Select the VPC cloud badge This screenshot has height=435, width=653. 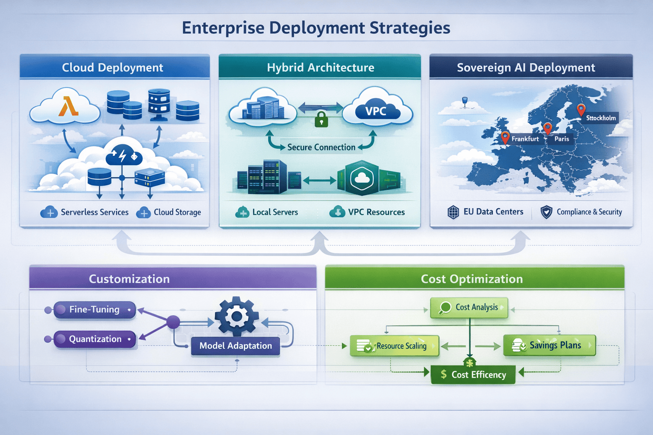[376, 111]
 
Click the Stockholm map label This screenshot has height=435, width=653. [601, 118]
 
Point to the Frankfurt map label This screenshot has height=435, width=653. [525, 139]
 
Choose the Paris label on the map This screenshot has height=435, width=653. [561, 139]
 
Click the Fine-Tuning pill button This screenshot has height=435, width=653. [94, 310]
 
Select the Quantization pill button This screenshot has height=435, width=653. [95, 339]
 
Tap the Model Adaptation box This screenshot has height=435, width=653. [236, 346]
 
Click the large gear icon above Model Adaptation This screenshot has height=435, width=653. [236, 316]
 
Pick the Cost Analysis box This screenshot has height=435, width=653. [469, 307]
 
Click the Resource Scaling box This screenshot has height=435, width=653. [394, 346]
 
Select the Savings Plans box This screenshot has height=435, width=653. [549, 345]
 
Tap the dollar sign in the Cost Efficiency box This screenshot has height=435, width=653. [443, 374]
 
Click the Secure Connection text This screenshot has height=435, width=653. [321, 147]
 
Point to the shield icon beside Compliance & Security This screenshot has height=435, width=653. [546, 212]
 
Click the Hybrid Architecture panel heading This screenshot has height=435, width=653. [320, 68]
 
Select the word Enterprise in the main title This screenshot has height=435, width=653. [223, 28]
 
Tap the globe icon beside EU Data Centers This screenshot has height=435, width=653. [453, 212]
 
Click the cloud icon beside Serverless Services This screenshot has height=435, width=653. [49, 212]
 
